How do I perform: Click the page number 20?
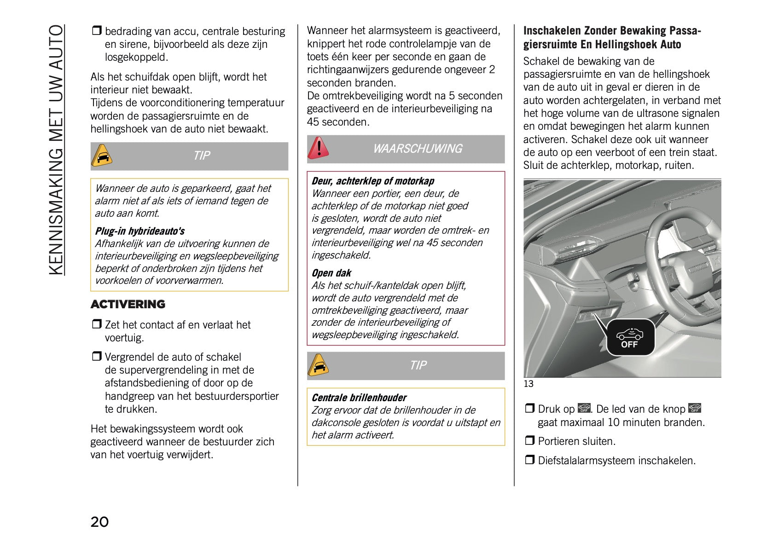tap(99, 522)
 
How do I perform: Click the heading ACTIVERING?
tap(128, 304)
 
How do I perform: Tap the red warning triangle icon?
tap(318, 148)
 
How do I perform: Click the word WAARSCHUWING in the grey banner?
tap(417, 149)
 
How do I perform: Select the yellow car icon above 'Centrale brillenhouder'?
tap(318, 365)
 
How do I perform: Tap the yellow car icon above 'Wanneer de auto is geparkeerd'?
tap(102, 156)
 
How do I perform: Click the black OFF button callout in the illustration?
tap(630, 338)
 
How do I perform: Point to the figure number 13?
tap(528, 384)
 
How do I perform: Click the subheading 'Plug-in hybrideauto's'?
tap(139, 231)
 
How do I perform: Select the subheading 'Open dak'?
tap(331, 273)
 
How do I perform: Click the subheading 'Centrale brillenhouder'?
tap(359, 398)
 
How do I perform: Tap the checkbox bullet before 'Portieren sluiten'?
tap(530, 440)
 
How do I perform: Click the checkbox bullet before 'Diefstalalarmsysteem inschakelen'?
tap(530, 460)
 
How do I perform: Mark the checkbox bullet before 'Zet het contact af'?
tap(96, 324)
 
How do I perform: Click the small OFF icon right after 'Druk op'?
tap(584, 409)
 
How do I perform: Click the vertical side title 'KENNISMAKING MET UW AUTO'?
tap(56, 150)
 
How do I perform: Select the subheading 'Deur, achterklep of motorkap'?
tap(372, 181)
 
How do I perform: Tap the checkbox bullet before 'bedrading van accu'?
tap(96, 31)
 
